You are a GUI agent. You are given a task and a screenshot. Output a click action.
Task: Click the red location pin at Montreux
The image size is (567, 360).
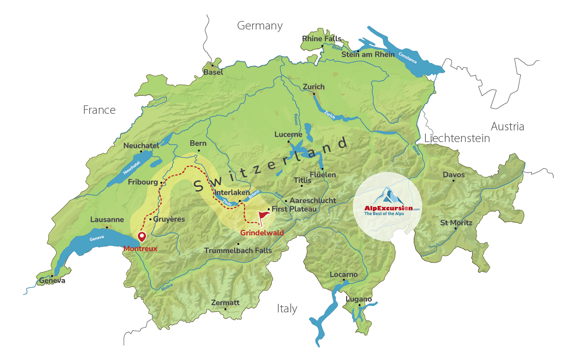142,237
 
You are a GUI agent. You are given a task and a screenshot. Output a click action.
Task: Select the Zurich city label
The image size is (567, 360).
313,87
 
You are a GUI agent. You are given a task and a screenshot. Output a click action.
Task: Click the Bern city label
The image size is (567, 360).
198,143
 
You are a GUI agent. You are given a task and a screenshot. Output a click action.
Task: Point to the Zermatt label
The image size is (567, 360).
225,303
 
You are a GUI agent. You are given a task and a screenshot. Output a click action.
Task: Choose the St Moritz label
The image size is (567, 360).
456,223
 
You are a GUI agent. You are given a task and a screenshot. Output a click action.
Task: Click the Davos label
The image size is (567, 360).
454,175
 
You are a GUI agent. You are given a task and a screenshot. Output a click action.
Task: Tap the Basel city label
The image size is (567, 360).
213,72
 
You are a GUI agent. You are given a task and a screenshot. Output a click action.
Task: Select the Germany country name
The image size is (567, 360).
260,26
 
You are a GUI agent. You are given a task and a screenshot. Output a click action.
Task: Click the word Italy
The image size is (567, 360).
287,309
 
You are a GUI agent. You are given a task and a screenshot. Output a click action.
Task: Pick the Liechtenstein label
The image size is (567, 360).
457,138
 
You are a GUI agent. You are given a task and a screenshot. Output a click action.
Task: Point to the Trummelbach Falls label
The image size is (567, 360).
238,251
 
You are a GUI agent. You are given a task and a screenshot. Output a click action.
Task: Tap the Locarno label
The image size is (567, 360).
344,274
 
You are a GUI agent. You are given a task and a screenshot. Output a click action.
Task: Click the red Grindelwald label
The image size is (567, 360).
262,233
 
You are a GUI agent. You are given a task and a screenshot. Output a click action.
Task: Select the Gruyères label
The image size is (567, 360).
169,219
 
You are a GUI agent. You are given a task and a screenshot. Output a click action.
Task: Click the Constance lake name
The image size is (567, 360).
408,58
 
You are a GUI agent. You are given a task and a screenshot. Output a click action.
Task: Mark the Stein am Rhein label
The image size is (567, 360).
368,54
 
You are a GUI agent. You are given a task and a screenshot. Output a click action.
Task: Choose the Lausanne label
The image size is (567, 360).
107,220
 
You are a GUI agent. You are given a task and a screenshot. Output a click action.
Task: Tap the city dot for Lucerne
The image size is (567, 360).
288,142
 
